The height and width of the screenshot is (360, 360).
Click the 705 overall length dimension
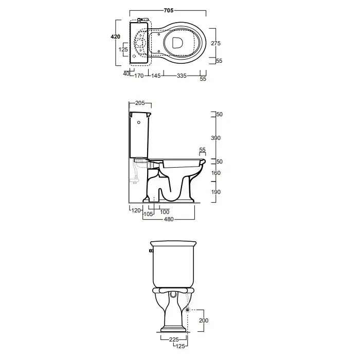(169, 10)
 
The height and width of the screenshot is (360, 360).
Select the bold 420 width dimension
(115, 37)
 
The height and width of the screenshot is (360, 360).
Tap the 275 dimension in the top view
(215, 43)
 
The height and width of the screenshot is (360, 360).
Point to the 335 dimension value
(182, 76)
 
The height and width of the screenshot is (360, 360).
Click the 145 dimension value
(156, 76)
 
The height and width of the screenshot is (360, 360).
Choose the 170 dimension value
(139, 76)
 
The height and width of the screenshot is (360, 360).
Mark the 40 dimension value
(126, 74)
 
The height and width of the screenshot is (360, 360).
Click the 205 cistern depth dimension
(140, 103)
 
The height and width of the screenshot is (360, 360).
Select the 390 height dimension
(215, 138)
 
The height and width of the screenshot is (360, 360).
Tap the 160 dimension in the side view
(215, 173)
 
